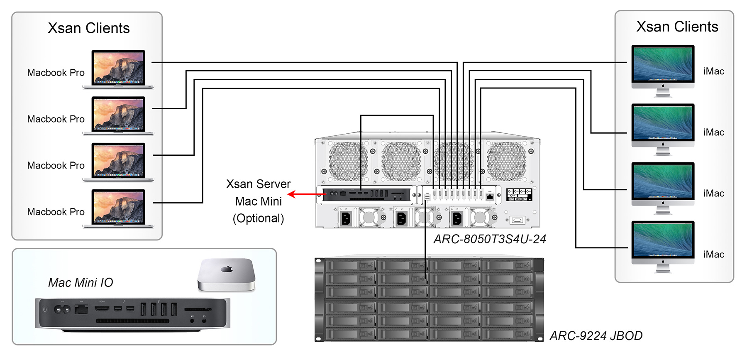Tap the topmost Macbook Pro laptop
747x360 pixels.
click(119, 69)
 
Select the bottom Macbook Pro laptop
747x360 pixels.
click(119, 208)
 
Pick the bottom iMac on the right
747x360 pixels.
click(663, 245)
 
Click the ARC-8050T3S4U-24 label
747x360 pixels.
click(490, 239)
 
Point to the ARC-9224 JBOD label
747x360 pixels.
click(596, 336)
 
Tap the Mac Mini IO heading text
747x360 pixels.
click(81, 283)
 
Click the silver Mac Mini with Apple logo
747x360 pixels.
click(227, 274)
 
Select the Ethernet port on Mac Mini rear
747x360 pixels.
click(81, 309)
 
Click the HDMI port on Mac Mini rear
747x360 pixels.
click(102, 309)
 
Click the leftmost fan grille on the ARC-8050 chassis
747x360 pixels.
click(348, 161)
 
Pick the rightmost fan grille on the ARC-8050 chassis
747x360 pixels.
click(506, 161)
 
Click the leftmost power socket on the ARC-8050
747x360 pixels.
click(346, 218)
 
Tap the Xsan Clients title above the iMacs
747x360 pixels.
click(677, 27)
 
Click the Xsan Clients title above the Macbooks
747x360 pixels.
click(89, 28)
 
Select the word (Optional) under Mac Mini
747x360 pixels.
click(258, 218)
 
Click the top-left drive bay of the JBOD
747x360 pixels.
click(351, 265)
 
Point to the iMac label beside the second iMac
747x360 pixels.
click(713, 132)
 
